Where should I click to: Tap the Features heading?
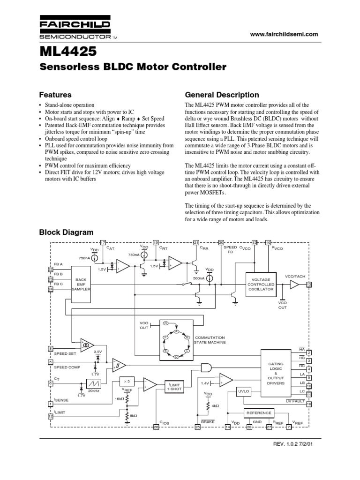(x=55, y=94)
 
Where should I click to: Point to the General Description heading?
(x=222, y=94)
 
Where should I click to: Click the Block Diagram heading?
(x=66, y=232)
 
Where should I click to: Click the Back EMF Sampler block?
(x=80, y=284)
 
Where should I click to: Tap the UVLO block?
(x=243, y=390)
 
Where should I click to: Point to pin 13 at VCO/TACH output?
(x=309, y=285)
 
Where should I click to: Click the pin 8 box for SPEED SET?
(x=50, y=348)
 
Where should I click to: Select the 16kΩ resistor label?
(x=120, y=398)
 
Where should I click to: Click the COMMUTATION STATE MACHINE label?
(x=210, y=340)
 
